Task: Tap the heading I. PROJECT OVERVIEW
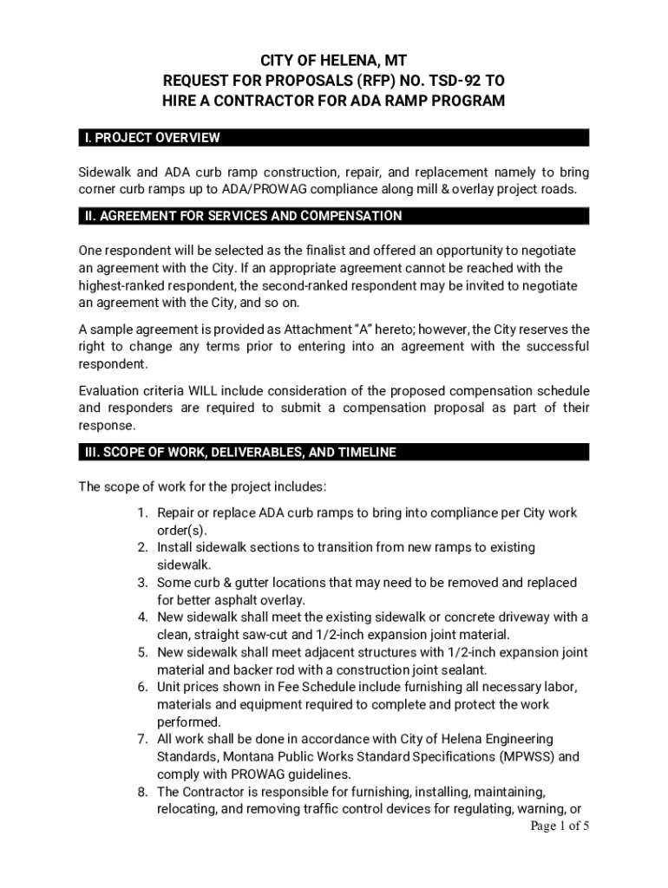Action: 152,138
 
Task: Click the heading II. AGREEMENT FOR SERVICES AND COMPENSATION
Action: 243,216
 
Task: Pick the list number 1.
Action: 142,513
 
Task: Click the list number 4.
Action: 142,617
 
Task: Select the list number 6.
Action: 142,687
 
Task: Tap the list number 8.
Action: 142,792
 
